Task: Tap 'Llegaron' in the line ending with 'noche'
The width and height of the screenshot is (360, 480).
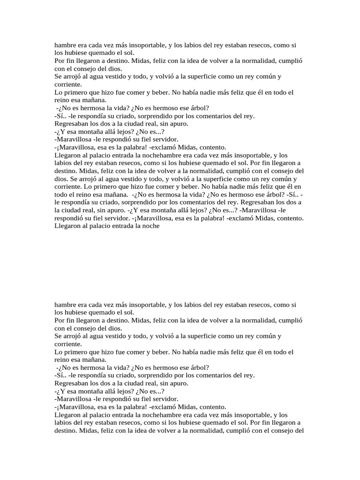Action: click(68, 225)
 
